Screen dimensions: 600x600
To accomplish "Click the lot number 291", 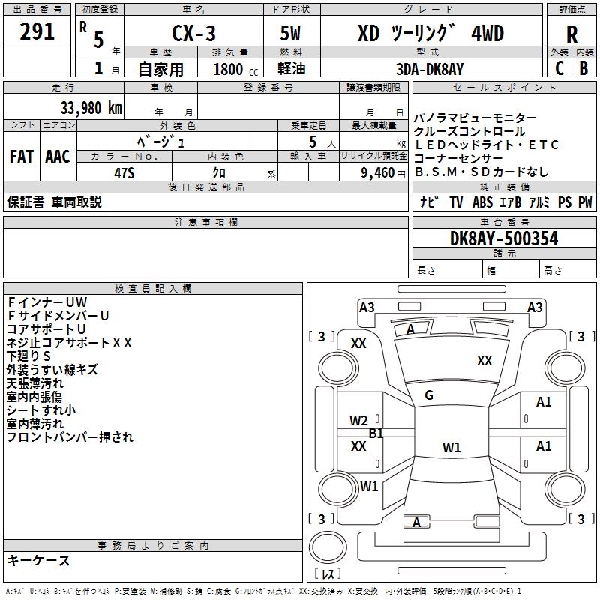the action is click(37, 31).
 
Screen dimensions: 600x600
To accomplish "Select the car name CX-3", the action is click(193, 33).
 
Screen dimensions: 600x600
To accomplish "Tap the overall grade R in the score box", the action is click(571, 34).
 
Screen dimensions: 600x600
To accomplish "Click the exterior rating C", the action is click(559, 68).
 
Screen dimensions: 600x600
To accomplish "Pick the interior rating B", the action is click(583, 68).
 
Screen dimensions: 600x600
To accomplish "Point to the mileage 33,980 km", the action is click(91, 108).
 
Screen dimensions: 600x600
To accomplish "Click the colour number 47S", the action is click(124, 173).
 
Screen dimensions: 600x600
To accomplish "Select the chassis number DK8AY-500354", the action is click(504, 238).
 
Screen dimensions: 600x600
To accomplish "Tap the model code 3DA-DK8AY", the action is click(430, 69).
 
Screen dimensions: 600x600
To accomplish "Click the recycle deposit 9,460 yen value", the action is click(383, 173).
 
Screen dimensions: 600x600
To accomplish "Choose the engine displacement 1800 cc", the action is click(235, 69).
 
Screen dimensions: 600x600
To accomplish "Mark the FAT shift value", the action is click(22, 157).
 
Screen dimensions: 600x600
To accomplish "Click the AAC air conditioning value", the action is click(58, 157).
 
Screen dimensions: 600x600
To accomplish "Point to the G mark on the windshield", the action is click(429, 395).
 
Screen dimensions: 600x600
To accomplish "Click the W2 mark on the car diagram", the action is click(358, 421).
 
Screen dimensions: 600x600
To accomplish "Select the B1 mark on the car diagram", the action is click(376, 433).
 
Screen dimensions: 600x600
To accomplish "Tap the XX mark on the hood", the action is click(484, 360).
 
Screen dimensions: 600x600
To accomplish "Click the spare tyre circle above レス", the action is click(328, 547).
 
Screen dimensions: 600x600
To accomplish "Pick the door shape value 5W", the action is click(290, 33).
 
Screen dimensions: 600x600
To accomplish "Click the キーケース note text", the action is click(39, 560).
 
